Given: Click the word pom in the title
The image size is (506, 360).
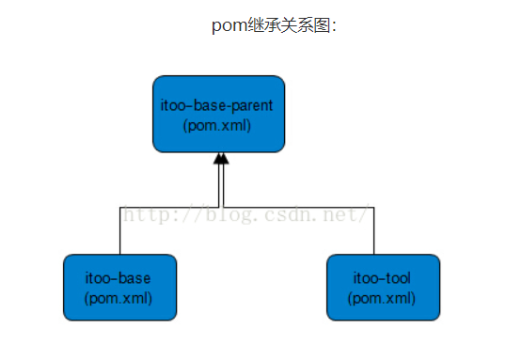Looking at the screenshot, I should pos(229,25).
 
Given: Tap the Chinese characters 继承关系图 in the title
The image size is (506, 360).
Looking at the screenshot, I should pos(288,25).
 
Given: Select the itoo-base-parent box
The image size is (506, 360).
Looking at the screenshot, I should pos(219,114).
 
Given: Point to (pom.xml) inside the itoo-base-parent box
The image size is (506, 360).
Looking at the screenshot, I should pos(218,125).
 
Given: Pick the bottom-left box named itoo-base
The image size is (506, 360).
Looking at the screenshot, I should pos(119,288).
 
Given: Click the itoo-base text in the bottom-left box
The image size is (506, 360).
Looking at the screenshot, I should pos(119,279).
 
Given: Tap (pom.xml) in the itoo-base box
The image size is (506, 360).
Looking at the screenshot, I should pos(119,298).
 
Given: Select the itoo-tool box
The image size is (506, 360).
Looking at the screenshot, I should pos(383,288).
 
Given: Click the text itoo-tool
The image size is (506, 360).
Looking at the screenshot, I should pos(382,279).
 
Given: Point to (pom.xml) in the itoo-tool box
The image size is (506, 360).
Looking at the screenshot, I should pos(382,298).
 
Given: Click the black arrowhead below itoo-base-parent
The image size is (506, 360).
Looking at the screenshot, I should pos(221,159).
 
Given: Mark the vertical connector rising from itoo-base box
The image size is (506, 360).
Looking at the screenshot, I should pos(119,230).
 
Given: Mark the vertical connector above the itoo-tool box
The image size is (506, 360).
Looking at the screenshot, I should pos(374,230).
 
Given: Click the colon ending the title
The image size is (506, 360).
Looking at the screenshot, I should pos(334,26).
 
